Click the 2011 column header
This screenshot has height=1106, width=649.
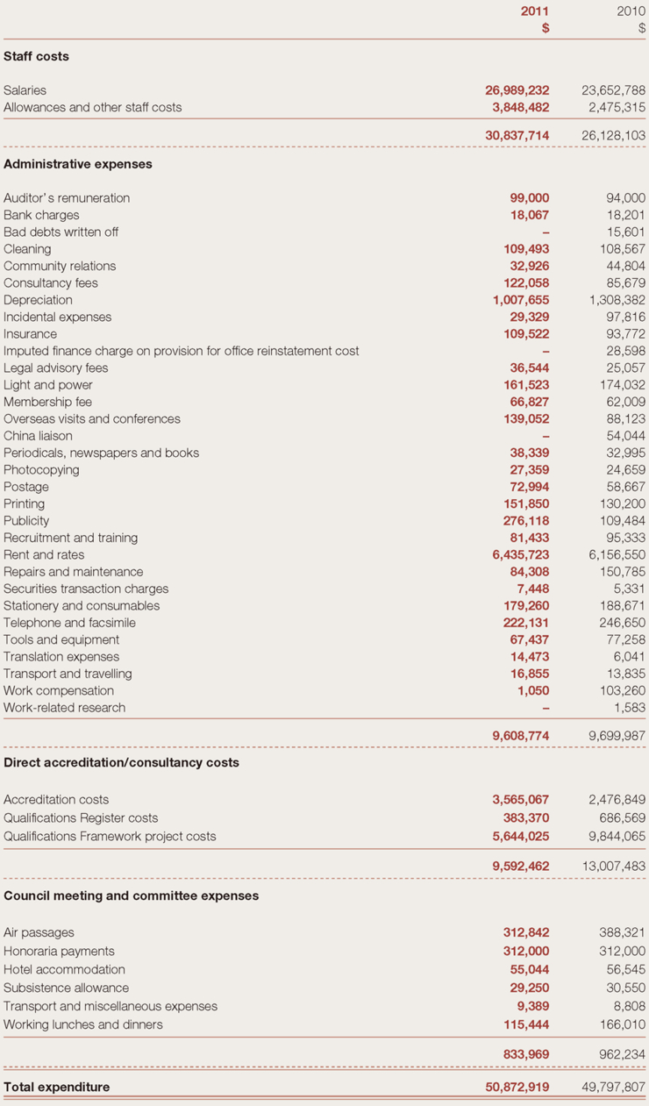(x=534, y=11)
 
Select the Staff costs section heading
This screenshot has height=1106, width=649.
(x=36, y=56)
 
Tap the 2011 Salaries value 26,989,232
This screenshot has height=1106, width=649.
(x=517, y=90)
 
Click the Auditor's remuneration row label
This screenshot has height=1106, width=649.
(x=67, y=198)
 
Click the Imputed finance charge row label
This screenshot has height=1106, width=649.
(x=181, y=351)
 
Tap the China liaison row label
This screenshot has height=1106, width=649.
(x=38, y=436)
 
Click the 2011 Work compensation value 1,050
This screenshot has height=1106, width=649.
(x=532, y=691)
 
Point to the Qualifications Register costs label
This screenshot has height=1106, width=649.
(x=81, y=818)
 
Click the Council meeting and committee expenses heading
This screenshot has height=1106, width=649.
(x=132, y=896)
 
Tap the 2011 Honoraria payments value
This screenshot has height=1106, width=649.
(x=526, y=952)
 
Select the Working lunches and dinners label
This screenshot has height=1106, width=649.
(x=83, y=1025)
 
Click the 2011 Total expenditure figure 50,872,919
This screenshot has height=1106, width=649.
(x=517, y=1088)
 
